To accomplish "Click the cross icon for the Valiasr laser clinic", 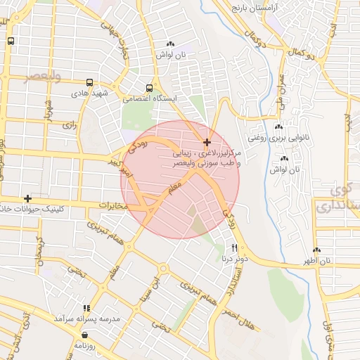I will coord(207,142).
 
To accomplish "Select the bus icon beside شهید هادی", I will coord(89,82).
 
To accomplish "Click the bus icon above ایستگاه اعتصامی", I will coord(149,88).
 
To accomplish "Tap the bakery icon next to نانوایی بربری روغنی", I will coord(278,127).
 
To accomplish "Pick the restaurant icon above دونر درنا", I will coord(235,248).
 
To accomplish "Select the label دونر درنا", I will coord(234,259).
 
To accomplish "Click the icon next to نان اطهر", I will coord(316,250).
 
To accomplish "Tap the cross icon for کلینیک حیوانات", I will coord(27,199).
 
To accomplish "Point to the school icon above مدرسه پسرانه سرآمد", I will coord(86,308).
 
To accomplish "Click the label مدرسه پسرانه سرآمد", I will coord(83,319).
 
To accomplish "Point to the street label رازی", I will coord(68,124).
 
